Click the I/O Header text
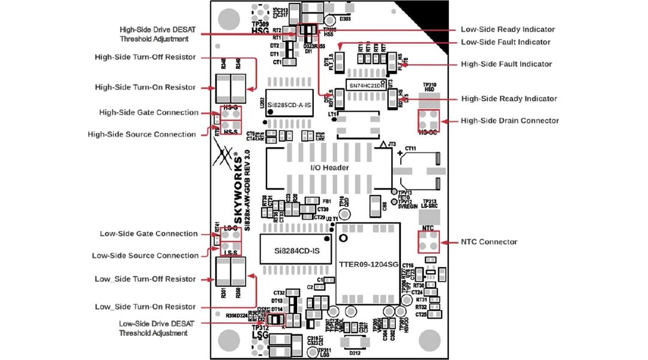click(x=329, y=167)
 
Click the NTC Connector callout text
click(x=488, y=242)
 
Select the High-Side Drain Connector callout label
click(x=509, y=121)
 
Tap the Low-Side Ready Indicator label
click(x=507, y=29)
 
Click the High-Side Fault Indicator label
click(x=506, y=64)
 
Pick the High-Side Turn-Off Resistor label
click(x=145, y=57)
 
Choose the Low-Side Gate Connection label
click(x=148, y=233)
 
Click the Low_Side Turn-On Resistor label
click(x=145, y=307)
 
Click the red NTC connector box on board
click(x=428, y=242)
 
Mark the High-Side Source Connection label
click(x=142, y=134)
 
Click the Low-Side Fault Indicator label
click(x=505, y=42)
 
